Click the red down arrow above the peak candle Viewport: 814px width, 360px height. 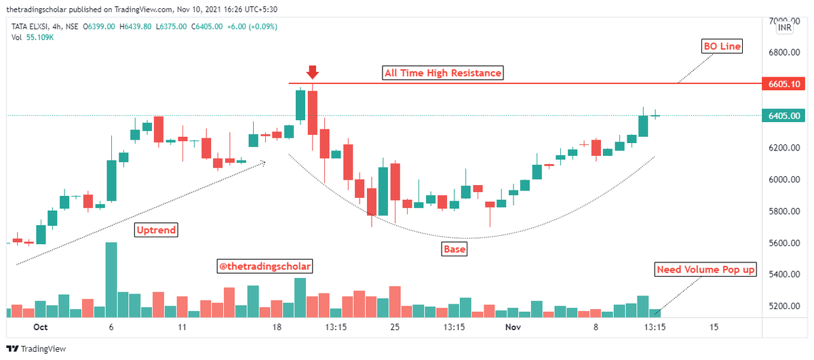point(312,72)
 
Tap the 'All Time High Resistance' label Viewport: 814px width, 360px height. point(443,73)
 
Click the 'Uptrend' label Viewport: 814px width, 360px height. point(156,230)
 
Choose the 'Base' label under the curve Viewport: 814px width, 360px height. point(454,249)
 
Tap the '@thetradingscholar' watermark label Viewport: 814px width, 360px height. point(265,266)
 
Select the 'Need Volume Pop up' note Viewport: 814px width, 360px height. point(705,270)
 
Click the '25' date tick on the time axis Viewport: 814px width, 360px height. point(395,327)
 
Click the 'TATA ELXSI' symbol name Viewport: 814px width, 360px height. point(31,27)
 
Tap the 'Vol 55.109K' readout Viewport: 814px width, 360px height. point(33,37)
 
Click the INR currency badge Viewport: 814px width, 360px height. point(785,28)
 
